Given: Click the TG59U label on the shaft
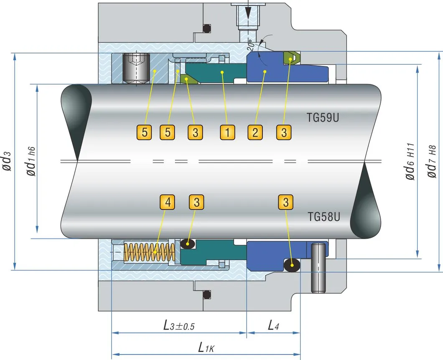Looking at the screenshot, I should click(x=323, y=118).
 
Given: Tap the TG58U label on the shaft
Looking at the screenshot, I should click(x=323, y=216).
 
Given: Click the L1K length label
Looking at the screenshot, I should click(x=207, y=347).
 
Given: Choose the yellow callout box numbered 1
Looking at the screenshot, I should click(x=227, y=132).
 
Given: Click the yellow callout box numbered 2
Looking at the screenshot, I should click(x=255, y=132).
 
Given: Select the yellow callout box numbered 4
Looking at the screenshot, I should click(x=168, y=202).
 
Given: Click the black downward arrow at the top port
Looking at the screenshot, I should click(x=249, y=12).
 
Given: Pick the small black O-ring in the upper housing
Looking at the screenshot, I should click(x=206, y=29).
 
